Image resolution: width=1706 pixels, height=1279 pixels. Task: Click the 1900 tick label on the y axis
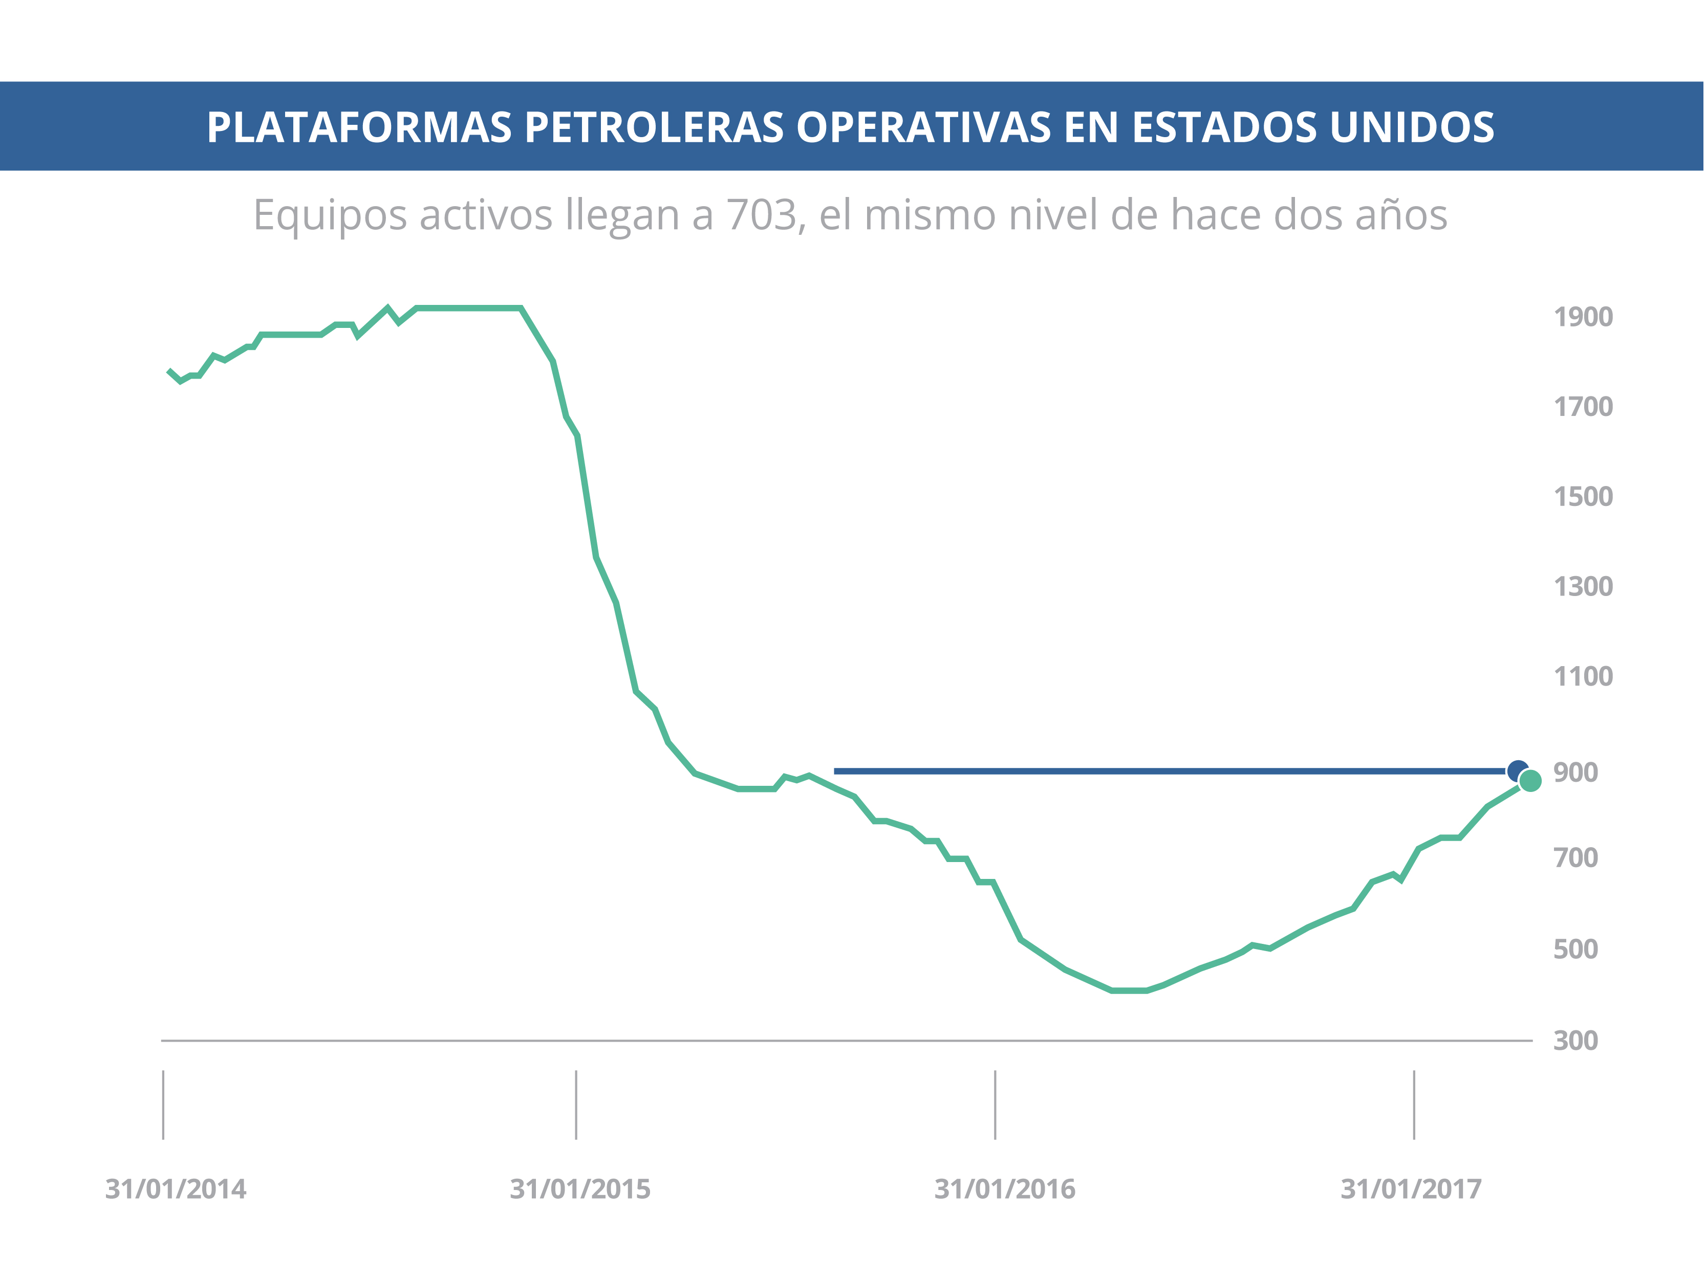pyautogui.click(x=1583, y=317)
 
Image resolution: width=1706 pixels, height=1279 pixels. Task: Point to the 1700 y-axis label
pyautogui.click(x=1583, y=406)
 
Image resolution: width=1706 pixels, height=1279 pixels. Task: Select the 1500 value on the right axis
pyautogui.click(x=1583, y=496)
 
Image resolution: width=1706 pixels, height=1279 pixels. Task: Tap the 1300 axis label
pyautogui.click(x=1583, y=587)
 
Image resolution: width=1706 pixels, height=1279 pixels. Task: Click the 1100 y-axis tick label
pyautogui.click(x=1583, y=677)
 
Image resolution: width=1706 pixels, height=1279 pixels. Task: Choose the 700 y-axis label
pyautogui.click(x=1575, y=857)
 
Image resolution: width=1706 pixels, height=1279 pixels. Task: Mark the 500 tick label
pyautogui.click(x=1575, y=949)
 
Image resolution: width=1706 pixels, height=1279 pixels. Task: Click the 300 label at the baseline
pyautogui.click(x=1575, y=1041)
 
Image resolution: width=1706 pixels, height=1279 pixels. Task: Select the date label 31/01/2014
pyautogui.click(x=176, y=1189)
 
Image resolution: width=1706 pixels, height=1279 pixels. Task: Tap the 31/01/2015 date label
pyautogui.click(x=580, y=1189)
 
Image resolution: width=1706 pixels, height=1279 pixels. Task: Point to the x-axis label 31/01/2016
pyautogui.click(x=1004, y=1189)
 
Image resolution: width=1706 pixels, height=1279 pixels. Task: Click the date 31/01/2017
pyautogui.click(x=1411, y=1189)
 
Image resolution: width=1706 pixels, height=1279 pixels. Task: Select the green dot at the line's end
pyautogui.click(x=1530, y=781)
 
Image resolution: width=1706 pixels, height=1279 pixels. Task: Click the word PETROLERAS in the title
pyautogui.click(x=654, y=127)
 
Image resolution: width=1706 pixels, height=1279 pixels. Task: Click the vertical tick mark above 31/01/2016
pyautogui.click(x=995, y=1104)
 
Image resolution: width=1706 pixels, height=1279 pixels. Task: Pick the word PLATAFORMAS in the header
pyautogui.click(x=359, y=127)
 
